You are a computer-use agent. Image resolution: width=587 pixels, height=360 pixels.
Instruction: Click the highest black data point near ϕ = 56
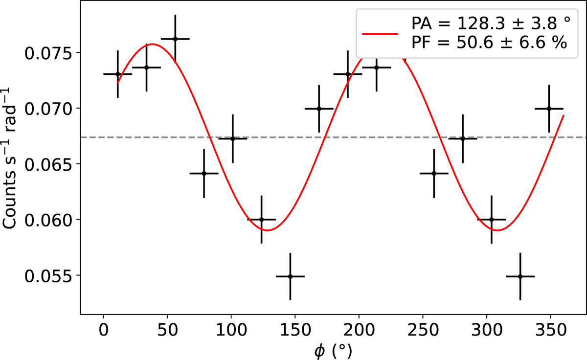[175, 39]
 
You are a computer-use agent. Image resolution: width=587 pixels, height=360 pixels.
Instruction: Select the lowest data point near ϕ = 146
[290, 276]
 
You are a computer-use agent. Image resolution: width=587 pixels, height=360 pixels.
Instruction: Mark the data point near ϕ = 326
[520, 276]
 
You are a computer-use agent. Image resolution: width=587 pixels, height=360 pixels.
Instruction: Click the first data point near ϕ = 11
[118, 74]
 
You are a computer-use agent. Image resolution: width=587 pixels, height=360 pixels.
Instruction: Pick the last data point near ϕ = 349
[549, 109]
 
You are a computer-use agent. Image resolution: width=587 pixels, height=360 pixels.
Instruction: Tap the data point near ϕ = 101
[232, 138]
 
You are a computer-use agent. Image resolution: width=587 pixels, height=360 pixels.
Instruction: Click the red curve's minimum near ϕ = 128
[267, 230]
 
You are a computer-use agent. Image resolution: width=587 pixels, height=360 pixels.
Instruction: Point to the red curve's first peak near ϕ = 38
[152, 44]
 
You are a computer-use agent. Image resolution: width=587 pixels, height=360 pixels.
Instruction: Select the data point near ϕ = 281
[462, 138]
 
